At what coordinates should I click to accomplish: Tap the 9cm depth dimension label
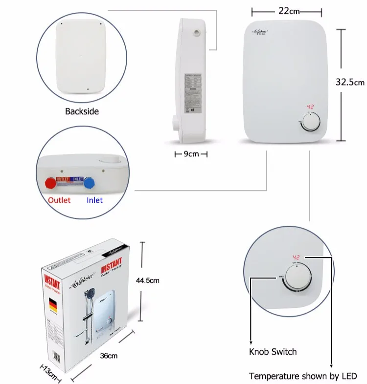pyautogui.click(x=191, y=154)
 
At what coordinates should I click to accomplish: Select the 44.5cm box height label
pyautogui.click(x=148, y=280)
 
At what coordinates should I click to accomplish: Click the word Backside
pyautogui.click(x=82, y=111)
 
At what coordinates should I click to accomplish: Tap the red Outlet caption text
pyautogui.click(x=59, y=200)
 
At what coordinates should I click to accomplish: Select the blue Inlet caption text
pyautogui.click(x=94, y=200)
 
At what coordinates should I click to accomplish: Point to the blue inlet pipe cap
pyautogui.click(x=90, y=184)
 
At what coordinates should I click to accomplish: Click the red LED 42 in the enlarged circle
pyautogui.click(x=296, y=256)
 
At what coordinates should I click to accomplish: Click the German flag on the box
pyautogui.click(x=52, y=306)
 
